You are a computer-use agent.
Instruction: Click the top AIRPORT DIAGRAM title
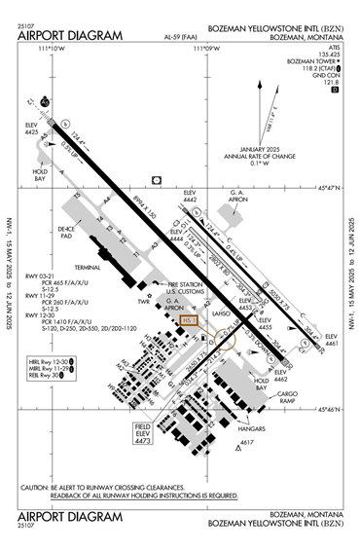pyautogui.click(x=70, y=36)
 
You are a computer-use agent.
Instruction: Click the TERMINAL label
pyautogui.click(x=88, y=266)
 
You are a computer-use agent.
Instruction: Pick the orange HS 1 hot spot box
pyautogui.click(x=190, y=319)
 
